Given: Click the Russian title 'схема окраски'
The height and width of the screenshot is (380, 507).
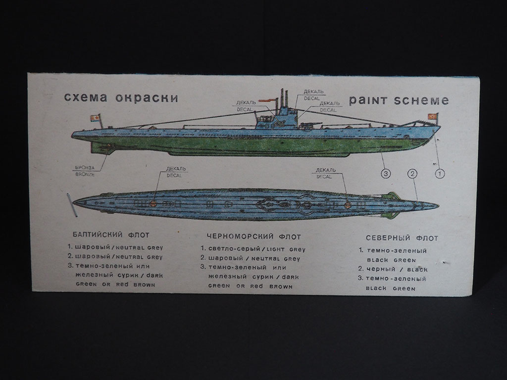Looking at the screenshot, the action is pyautogui.click(x=121, y=97).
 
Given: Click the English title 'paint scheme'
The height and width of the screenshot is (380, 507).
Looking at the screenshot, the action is pyautogui.click(x=399, y=100).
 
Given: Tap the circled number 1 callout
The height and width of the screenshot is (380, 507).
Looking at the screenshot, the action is pyautogui.click(x=439, y=173).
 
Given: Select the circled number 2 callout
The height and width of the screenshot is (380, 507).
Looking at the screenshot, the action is pyautogui.click(x=412, y=173).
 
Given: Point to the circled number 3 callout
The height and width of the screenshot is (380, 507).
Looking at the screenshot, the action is pyautogui.click(x=385, y=173).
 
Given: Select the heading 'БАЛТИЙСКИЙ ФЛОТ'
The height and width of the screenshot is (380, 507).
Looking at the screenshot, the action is pyautogui.click(x=110, y=235).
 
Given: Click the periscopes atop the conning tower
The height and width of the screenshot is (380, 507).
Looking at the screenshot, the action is pyautogui.click(x=284, y=98).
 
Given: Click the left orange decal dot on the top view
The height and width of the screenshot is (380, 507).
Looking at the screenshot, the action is pyautogui.click(x=154, y=203).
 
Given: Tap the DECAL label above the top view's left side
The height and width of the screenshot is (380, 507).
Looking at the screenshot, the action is pyautogui.click(x=174, y=175).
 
